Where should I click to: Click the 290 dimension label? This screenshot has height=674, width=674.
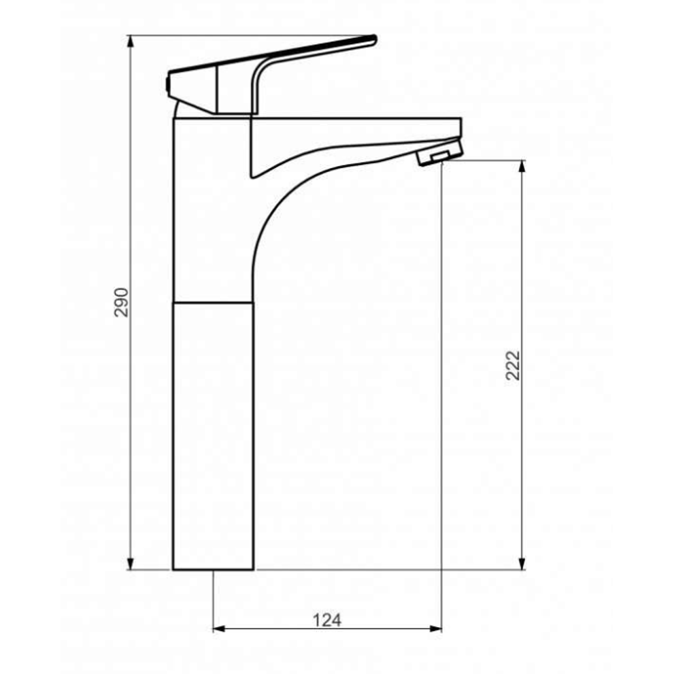click(x=122, y=302)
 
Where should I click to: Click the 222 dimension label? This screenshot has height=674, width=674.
click(x=513, y=365)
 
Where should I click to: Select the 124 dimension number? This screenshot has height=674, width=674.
click(x=326, y=620)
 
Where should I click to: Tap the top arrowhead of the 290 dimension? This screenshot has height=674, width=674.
click(x=131, y=41)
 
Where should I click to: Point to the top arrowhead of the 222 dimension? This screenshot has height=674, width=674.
click(x=522, y=167)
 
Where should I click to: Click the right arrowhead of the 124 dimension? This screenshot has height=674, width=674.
click(x=435, y=629)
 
